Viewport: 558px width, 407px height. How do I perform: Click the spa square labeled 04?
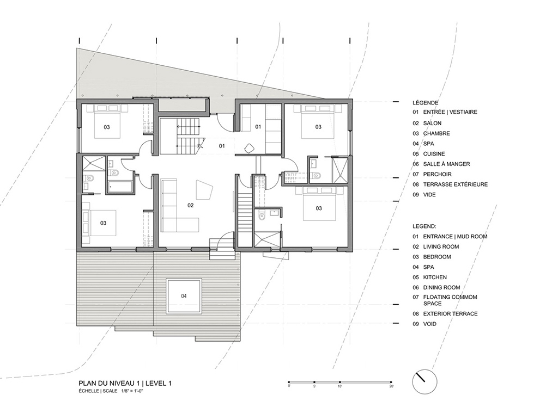184,296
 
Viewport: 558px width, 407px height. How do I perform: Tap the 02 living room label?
190,206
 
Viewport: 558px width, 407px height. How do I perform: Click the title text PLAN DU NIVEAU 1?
108,383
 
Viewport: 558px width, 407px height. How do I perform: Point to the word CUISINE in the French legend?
434,154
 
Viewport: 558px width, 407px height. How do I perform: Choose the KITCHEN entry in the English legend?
435,277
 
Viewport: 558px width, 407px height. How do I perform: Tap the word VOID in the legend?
429,324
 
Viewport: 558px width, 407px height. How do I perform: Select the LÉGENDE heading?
425,103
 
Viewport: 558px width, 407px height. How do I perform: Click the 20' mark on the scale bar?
391,383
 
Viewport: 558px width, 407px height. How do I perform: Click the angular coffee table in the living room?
204,190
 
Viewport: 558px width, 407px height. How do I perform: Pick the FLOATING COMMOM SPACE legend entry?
450,300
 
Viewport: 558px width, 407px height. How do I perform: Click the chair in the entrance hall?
250,148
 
